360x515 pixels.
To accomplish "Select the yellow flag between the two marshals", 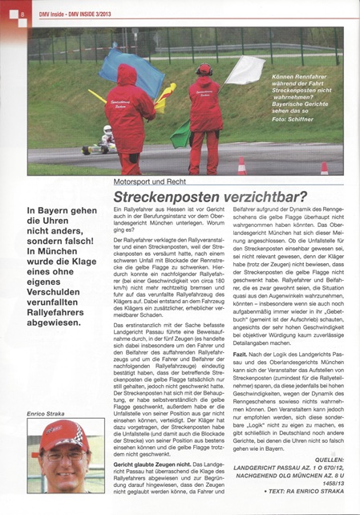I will pos(164,97).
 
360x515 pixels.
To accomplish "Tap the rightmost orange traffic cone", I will pos(325,168).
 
